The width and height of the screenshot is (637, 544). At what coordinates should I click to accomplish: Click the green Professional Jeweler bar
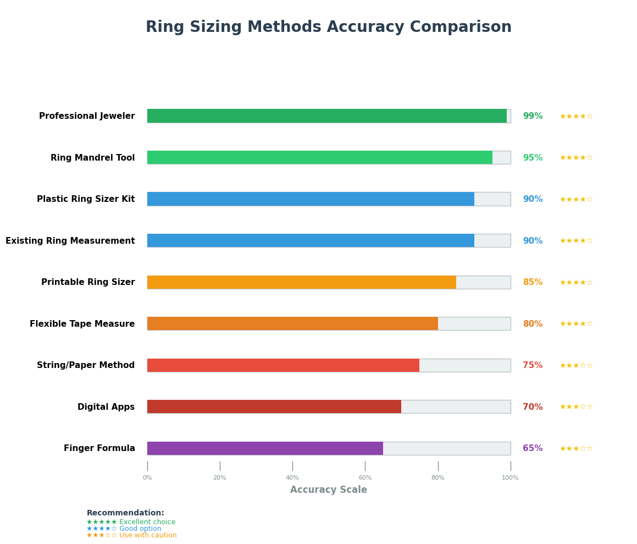pos(327,116)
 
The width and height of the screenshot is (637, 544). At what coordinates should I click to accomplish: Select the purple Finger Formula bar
pos(265,448)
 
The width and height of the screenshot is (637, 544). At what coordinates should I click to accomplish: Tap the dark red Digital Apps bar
pos(274,406)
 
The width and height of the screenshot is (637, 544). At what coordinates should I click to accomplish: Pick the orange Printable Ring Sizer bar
pos(302,282)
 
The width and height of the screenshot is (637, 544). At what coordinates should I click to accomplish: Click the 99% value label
pos(533,116)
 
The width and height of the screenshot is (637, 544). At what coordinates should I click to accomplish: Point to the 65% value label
pos(533,448)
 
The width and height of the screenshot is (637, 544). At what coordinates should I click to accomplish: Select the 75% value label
pos(533,365)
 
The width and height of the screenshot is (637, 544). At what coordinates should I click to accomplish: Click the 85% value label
pos(533,282)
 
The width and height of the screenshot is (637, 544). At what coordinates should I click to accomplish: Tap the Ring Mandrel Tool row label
pos(93,158)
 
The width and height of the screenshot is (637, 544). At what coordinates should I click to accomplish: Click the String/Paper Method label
pos(86,365)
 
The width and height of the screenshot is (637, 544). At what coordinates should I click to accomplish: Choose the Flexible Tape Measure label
pos(82,323)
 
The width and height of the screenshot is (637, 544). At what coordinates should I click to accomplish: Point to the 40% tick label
pos(292,478)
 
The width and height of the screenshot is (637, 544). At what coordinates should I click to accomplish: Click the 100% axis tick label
pos(510,478)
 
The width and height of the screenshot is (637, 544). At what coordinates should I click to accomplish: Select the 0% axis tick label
pos(147,478)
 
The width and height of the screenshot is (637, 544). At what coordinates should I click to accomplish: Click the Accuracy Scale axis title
pos(329,490)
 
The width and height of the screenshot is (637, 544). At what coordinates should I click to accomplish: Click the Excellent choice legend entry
pos(131,521)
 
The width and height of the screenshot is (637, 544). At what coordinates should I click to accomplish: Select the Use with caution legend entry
pos(131,535)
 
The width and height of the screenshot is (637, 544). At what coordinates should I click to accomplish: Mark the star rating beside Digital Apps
pos(576,406)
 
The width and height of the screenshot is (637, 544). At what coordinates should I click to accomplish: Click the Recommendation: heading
pos(125,513)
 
